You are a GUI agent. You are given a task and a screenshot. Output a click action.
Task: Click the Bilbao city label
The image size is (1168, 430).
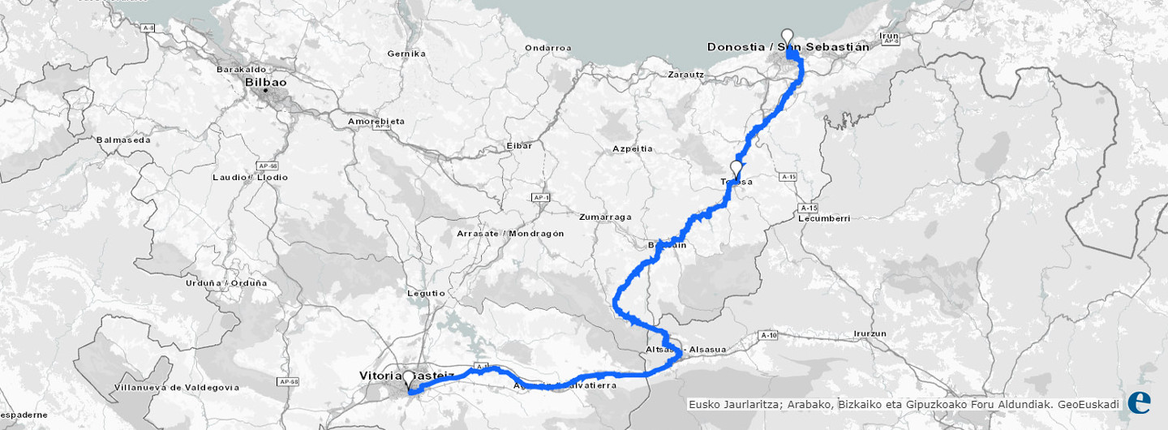[x=266, y=83]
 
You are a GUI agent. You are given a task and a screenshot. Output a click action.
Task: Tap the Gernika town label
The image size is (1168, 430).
[x=406, y=54]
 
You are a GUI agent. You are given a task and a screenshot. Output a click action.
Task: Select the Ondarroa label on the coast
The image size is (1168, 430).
[x=547, y=48]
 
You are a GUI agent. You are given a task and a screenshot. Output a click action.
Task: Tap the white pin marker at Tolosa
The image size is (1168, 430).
[x=736, y=170]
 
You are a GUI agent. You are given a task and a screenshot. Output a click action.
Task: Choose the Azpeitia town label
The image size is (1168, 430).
[x=633, y=149]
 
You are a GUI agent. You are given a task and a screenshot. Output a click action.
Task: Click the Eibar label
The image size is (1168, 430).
[x=519, y=145]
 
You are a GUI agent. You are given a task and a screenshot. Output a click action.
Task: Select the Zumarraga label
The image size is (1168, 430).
[x=605, y=217]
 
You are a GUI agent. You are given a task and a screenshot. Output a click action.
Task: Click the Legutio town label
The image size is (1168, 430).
[x=427, y=293]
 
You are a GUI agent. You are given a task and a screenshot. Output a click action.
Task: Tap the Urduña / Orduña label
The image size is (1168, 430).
[x=237, y=283]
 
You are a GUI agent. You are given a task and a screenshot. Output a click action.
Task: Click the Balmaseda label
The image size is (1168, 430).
[x=123, y=140]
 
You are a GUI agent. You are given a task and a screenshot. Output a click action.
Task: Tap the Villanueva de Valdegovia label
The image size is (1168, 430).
[x=177, y=387]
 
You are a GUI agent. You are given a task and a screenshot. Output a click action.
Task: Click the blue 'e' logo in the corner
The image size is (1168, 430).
[x=1139, y=402]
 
